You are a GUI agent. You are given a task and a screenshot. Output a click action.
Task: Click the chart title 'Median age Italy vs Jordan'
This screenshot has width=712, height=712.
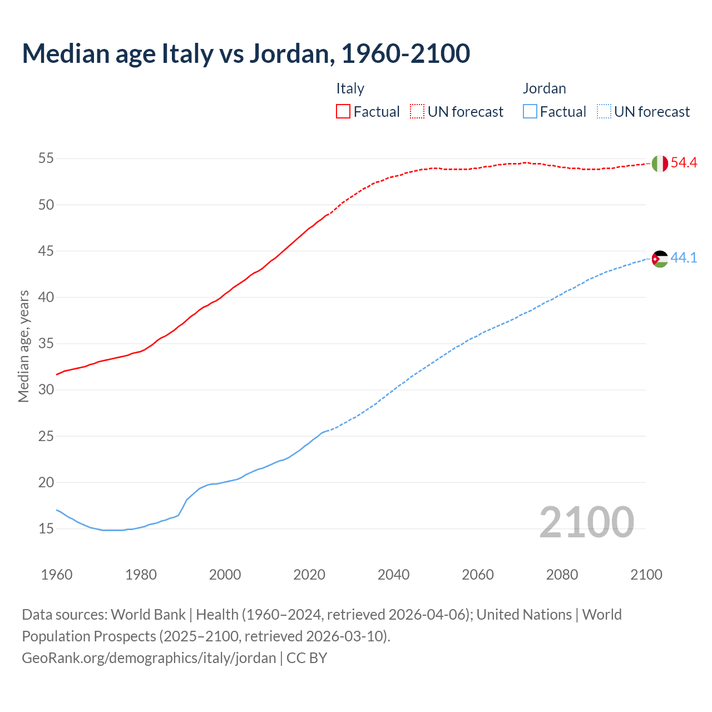[246, 53]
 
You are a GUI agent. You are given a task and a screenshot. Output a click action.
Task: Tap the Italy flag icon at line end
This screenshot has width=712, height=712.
[659, 164]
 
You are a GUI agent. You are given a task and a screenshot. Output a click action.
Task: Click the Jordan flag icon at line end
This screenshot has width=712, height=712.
[659, 259]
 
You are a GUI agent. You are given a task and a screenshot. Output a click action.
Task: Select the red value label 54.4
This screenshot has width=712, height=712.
[684, 163]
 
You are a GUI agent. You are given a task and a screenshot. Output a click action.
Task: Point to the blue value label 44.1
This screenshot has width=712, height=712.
[684, 258]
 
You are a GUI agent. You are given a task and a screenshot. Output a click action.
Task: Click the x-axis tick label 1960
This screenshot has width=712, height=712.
[57, 575]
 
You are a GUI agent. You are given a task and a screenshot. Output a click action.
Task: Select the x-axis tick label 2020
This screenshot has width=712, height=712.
[309, 575]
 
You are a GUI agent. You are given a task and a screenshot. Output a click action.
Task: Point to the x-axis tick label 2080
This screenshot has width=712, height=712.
[562, 575]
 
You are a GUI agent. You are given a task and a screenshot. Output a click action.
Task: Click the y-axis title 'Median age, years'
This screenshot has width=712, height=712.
[23, 346]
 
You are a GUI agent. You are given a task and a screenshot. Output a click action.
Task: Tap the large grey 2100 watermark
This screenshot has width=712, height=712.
[586, 522]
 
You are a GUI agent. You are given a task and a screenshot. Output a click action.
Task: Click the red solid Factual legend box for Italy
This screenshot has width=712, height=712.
[343, 112]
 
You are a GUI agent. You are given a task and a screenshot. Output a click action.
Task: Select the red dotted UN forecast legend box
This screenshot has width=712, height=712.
[417, 112]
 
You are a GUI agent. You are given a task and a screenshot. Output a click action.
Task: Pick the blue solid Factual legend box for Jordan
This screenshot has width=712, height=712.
[530, 112]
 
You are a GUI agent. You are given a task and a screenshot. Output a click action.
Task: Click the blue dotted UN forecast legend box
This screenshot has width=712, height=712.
[604, 112]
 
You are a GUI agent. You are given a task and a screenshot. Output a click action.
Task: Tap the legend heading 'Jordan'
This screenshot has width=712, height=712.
[544, 88]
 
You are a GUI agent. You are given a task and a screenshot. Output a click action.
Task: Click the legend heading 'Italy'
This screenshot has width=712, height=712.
[350, 88]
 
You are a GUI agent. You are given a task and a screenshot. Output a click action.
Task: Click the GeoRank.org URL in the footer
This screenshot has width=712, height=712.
[149, 658]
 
